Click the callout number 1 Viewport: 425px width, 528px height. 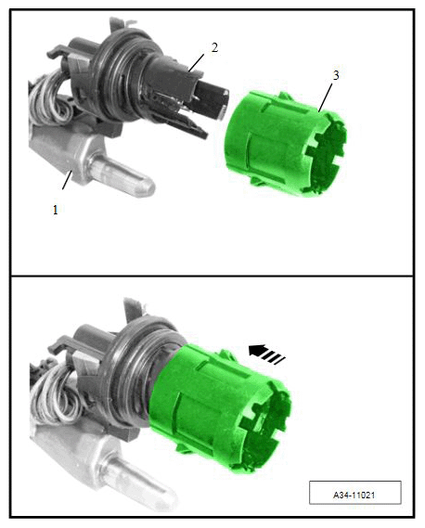(x=56, y=210)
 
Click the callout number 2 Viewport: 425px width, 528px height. (x=214, y=48)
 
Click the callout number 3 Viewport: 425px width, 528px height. (x=335, y=76)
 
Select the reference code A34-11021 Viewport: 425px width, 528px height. (x=354, y=495)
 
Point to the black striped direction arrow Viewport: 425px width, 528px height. (x=266, y=354)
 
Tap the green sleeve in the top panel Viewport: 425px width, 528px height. (x=285, y=144)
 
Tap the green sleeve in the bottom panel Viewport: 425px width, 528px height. (x=220, y=408)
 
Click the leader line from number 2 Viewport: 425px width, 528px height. (x=197, y=62)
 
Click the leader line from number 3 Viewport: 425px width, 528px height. (x=326, y=97)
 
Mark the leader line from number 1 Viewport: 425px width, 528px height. (x=67, y=180)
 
